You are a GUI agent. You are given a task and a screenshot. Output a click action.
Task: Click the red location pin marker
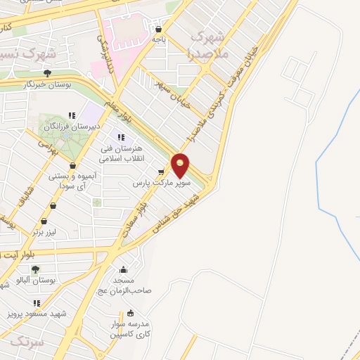(x=181, y=164)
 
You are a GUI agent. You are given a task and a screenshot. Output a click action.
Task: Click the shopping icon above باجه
(x=158, y=30)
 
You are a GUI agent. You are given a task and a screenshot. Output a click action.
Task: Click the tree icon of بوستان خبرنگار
(x=47, y=72)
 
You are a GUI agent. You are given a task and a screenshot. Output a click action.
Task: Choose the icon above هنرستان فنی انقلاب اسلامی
(x=121, y=137)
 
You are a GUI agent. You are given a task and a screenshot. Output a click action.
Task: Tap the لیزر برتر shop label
(x=49, y=231)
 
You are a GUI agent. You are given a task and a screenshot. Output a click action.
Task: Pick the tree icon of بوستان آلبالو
(x=35, y=269)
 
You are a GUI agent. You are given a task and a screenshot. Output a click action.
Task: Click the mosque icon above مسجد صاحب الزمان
(x=124, y=269)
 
